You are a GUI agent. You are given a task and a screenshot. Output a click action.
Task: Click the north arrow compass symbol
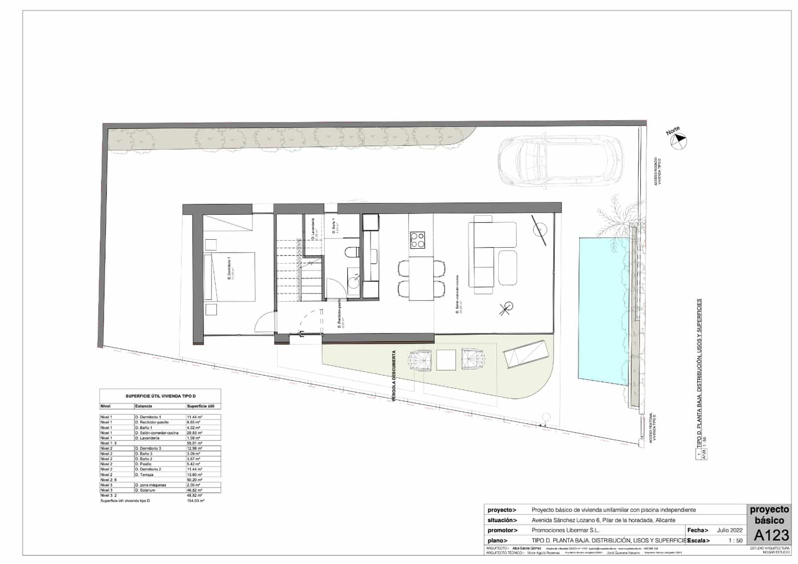tap(678, 142)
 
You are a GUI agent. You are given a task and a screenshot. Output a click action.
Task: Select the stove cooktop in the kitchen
tap(417, 240)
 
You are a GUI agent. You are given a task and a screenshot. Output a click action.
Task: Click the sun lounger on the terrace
tap(525, 354)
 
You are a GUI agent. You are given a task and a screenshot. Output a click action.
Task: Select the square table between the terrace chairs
tap(446, 360)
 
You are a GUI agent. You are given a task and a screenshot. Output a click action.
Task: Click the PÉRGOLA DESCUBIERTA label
tap(394, 376)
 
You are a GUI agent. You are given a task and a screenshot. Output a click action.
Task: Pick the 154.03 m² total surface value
tap(196, 500)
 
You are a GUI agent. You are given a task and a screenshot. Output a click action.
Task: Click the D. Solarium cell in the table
tap(145, 490)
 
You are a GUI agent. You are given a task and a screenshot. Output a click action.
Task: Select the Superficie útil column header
tap(200, 406)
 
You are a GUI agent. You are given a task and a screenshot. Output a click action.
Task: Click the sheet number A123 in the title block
tap(771, 536)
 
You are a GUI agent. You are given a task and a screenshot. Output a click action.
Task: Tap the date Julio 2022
tap(730, 530)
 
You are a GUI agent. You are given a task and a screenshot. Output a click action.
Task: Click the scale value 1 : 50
tap(735, 541)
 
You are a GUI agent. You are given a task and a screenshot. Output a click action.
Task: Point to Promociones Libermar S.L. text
tap(565, 530)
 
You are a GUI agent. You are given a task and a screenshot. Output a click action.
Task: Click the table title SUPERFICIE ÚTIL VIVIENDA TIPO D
tap(160, 396)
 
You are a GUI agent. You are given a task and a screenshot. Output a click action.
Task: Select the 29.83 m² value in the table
tap(194, 433)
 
